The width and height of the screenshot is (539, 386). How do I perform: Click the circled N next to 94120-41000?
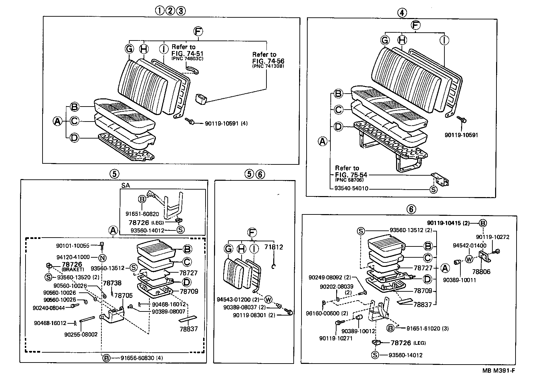(x=102, y=257)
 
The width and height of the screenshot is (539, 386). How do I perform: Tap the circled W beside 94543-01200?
(x=268, y=300)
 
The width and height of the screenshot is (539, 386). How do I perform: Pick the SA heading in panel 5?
(x=126, y=185)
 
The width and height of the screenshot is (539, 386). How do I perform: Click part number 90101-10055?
(x=72, y=245)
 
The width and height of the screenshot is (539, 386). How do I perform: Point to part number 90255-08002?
(x=81, y=334)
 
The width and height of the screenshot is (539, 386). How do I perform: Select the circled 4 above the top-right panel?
(x=402, y=13)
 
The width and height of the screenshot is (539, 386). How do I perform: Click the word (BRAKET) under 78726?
(x=72, y=269)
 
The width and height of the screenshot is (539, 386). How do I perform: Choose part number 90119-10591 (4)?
(x=226, y=123)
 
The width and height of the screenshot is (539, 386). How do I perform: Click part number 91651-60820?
(x=142, y=214)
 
